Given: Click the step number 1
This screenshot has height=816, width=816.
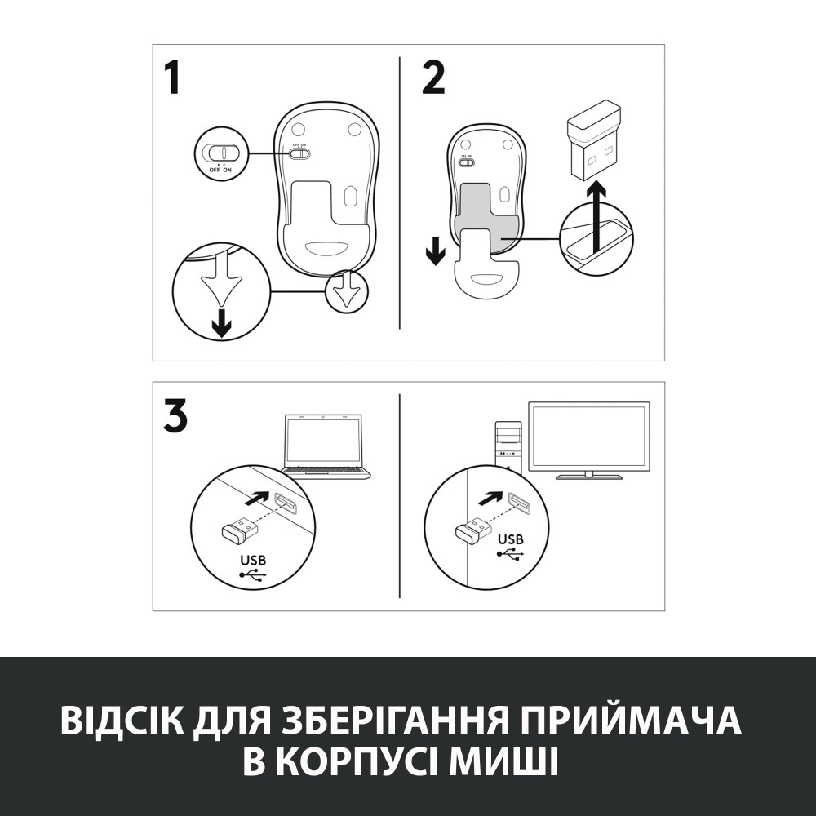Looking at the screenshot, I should (x=172, y=79).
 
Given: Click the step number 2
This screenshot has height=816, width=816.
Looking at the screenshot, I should (x=433, y=79).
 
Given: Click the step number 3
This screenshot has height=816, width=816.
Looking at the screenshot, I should (x=175, y=416).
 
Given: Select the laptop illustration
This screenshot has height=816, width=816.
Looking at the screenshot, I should (x=325, y=445).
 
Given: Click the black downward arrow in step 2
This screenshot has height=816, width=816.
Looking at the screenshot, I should (x=436, y=252).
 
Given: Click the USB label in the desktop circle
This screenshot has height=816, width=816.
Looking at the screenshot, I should (x=511, y=539).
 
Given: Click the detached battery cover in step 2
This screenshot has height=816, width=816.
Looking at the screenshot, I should (x=485, y=270).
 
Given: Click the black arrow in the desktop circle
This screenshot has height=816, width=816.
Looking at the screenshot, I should (x=492, y=497).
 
